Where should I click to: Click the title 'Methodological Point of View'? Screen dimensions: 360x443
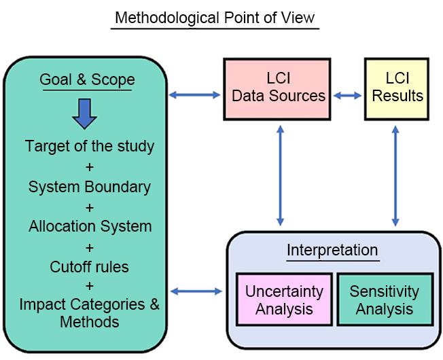(215, 17)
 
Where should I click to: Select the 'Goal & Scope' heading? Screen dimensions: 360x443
(87, 79)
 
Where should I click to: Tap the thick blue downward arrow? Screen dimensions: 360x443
(85, 113)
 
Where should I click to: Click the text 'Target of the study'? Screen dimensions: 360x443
(90, 145)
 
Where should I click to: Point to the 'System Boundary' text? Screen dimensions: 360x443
(90, 185)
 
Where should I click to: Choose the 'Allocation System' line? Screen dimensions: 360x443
(90, 226)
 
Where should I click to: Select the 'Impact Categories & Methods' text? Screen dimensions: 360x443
(90, 312)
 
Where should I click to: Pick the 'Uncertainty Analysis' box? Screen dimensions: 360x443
(284, 300)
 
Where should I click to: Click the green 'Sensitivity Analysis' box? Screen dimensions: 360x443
(384, 300)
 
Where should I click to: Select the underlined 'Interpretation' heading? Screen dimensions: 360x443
(332, 249)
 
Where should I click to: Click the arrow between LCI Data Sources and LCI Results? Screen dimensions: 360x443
(348, 96)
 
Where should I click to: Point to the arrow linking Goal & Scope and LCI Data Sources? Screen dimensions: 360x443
(196, 95)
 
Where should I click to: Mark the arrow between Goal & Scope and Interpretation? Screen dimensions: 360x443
(196, 291)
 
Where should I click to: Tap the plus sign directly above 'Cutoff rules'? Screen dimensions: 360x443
(90, 246)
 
